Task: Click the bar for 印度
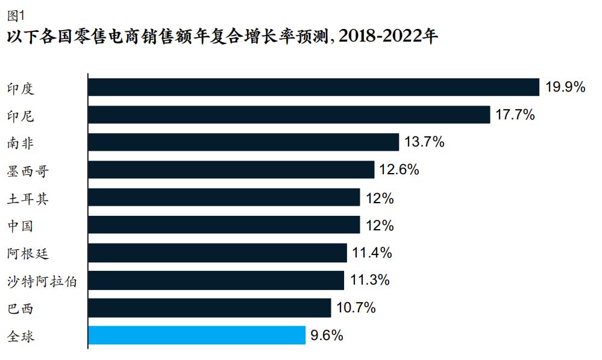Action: (x=313, y=87)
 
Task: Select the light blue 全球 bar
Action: (x=197, y=335)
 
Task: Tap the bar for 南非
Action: (x=243, y=142)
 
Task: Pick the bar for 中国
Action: (x=224, y=226)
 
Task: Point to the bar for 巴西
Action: (x=209, y=308)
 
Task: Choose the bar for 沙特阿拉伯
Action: (x=216, y=280)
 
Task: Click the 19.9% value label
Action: (x=565, y=87)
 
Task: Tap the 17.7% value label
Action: (x=515, y=115)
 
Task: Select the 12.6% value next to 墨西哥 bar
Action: (x=399, y=170)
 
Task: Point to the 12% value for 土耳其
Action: (x=379, y=198)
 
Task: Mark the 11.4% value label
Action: (x=372, y=253)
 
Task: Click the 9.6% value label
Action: (x=327, y=335)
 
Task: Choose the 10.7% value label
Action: (x=356, y=308)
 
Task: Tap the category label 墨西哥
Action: (x=27, y=171)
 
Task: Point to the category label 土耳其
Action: (x=27, y=198)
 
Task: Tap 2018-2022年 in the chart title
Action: (x=389, y=36)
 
